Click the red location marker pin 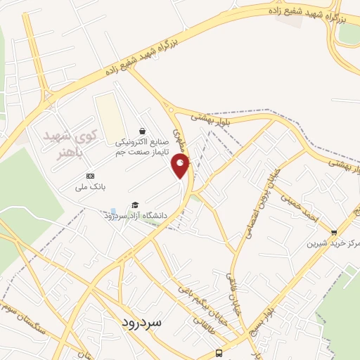tap(181, 166)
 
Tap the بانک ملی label tap(90, 188)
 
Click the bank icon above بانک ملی tap(89, 175)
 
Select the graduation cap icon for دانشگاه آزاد tap(135, 205)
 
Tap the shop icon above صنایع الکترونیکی tap(142, 131)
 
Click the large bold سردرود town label tap(141, 323)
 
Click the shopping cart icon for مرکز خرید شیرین tap(334, 232)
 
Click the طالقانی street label tap(186, 320)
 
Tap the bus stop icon tap(219, 354)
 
